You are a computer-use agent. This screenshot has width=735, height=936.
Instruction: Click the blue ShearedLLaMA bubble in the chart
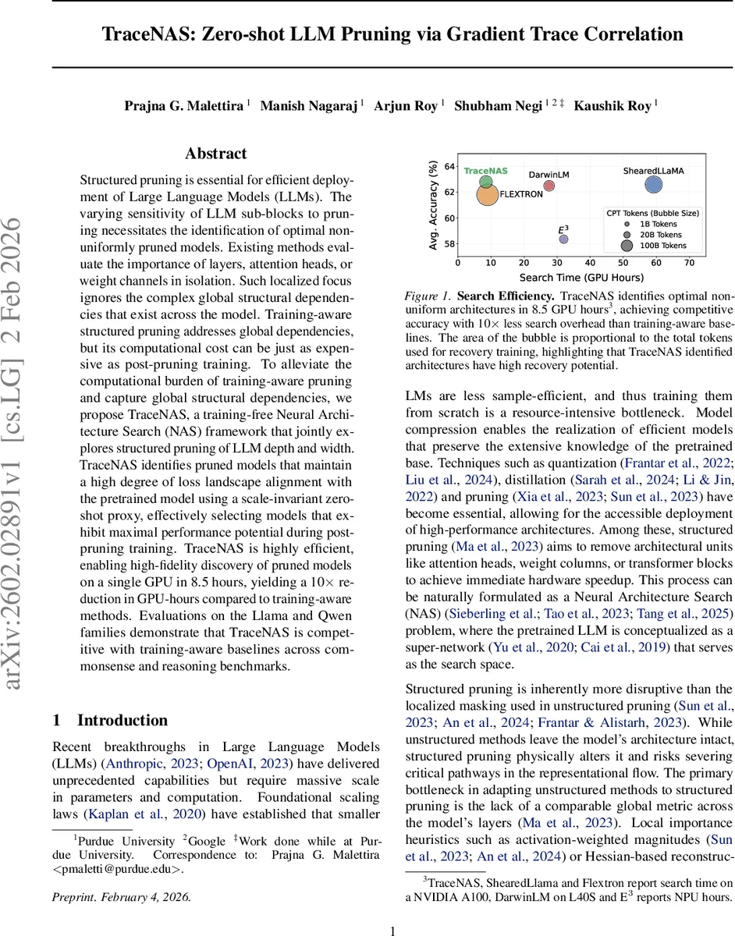(x=654, y=185)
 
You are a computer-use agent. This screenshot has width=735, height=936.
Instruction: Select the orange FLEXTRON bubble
(x=487, y=193)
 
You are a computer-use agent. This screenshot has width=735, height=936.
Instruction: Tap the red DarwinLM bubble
(x=549, y=186)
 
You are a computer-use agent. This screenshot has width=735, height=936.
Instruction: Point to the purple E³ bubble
(x=563, y=240)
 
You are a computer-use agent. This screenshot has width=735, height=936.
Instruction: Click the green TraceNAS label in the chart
(x=485, y=171)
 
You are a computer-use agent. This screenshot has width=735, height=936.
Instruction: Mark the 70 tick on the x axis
(x=689, y=264)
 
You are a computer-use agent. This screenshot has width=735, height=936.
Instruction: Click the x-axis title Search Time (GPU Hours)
(x=581, y=277)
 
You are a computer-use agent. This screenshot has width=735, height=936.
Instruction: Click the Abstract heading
(x=216, y=154)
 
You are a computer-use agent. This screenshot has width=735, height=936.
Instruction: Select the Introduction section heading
(x=122, y=720)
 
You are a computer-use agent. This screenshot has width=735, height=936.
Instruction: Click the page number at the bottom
(x=393, y=930)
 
